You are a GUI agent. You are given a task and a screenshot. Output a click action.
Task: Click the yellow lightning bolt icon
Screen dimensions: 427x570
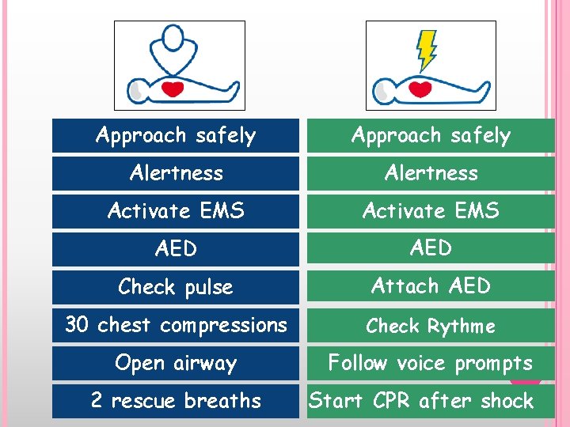(427, 49)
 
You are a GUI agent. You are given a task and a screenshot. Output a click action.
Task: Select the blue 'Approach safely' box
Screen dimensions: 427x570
(176, 135)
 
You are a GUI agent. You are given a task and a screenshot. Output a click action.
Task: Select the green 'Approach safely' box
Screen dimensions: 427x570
(431, 135)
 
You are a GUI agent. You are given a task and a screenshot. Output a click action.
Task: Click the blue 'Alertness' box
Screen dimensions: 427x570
(176, 173)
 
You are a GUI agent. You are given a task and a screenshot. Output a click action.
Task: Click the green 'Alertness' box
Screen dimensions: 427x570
(431, 173)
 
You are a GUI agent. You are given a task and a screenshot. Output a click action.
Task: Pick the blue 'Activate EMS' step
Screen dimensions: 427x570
(176, 211)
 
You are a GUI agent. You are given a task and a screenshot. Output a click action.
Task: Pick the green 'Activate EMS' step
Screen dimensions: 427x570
(431, 211)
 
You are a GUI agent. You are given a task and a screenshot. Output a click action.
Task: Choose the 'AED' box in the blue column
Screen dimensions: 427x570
(176, 249)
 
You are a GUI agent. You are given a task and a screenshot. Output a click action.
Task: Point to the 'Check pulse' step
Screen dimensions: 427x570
(176, 287)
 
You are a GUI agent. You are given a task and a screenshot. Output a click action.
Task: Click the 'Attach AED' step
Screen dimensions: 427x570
(431, 285)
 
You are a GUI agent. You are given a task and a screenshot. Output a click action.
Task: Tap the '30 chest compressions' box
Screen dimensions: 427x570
(176, 325)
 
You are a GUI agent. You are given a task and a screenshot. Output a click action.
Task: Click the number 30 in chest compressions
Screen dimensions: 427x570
(77, 325)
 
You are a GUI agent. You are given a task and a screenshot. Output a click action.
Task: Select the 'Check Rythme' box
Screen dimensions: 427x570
(431, 325)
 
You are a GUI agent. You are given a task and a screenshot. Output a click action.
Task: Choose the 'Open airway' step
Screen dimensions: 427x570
(176, 363)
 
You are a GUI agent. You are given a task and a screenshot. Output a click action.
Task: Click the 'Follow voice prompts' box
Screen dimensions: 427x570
(431, 363)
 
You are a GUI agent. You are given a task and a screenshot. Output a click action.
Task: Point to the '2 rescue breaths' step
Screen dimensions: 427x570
(176, 401)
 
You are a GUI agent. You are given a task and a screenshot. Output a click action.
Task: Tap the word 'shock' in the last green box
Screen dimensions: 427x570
(507, 401)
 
